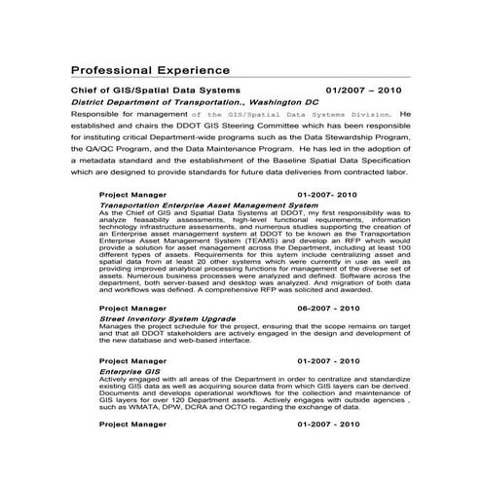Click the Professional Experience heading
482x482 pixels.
click(x=150, y=70)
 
